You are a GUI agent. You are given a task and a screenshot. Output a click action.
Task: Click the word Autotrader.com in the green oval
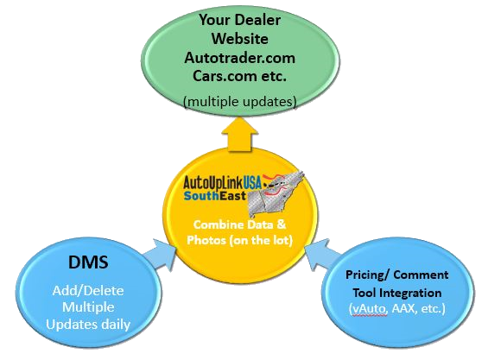[240, 58]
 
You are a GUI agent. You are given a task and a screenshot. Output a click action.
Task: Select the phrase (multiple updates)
[240, 101]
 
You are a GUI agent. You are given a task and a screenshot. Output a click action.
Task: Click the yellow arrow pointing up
[240, 136]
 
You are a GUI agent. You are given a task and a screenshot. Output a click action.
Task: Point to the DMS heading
[88, 262]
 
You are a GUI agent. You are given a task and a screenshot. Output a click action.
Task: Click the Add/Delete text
[88, 291]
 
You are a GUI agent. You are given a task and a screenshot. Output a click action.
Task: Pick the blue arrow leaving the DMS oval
[160, 255]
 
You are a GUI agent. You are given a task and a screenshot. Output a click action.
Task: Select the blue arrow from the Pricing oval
[322, 254]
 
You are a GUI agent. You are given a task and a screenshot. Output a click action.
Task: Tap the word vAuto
[369, 308]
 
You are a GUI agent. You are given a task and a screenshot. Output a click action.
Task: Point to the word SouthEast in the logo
[215, 196]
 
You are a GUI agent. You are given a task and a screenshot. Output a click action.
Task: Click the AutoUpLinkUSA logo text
[222, 182]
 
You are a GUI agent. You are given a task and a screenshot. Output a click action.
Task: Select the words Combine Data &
[240, 224]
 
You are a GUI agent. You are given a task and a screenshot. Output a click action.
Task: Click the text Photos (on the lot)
[240, 240]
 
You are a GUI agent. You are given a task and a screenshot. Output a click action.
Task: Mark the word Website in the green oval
[240, 39]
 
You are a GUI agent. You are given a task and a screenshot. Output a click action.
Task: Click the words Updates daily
[88, 325]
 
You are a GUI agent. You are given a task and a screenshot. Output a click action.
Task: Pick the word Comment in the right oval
[421, 275]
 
